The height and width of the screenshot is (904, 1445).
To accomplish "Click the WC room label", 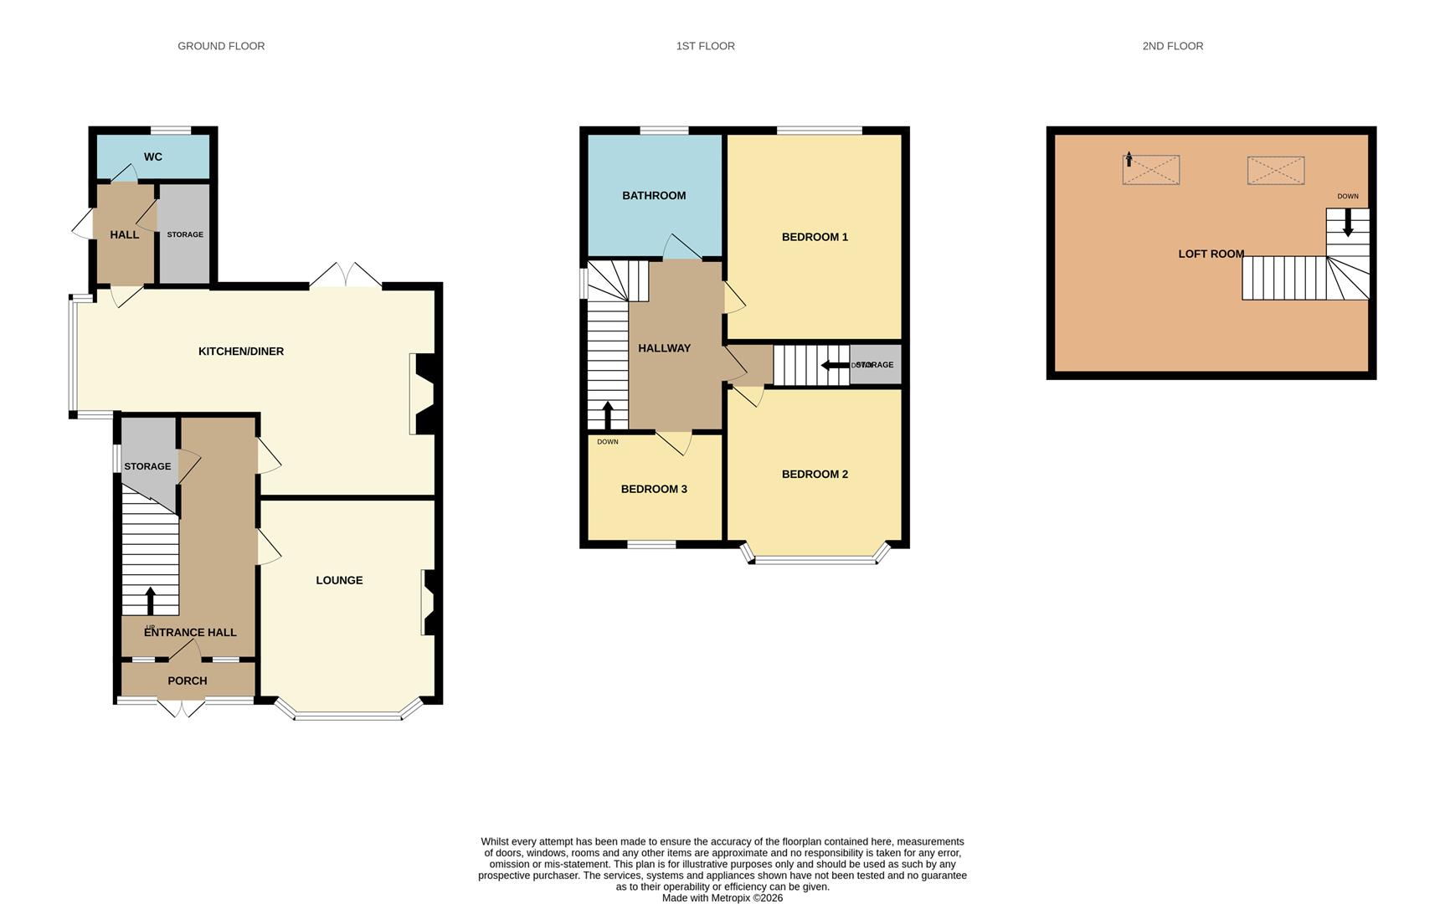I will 152,157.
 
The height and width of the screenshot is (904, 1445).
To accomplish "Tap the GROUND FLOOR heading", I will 221,46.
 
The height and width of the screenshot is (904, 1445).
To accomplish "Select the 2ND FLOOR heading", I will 1172,46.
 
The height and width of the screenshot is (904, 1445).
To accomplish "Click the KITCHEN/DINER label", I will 241,352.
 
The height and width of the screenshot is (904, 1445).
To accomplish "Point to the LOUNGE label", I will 339,580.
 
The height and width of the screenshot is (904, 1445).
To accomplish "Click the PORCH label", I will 187,681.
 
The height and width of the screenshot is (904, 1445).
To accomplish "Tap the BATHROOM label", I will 654,196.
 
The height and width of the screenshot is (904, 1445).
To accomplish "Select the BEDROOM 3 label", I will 654,489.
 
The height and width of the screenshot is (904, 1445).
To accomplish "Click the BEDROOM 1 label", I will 815,237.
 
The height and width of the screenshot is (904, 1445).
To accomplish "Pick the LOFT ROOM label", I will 1211,254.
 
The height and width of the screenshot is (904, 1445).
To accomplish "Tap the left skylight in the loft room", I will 1151,170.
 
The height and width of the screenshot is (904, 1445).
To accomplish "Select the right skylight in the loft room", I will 1275,170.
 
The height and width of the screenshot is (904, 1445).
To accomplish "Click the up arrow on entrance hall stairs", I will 151,599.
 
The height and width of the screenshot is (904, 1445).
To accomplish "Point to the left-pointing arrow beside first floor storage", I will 835,365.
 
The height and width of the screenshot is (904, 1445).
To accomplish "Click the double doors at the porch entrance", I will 181,708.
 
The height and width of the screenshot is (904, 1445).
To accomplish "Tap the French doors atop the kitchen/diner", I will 346,275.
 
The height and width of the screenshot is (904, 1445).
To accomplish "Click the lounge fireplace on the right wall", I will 428,603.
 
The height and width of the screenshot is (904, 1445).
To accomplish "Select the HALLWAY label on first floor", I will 664,348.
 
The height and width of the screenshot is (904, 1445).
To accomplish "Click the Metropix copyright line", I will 722,897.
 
